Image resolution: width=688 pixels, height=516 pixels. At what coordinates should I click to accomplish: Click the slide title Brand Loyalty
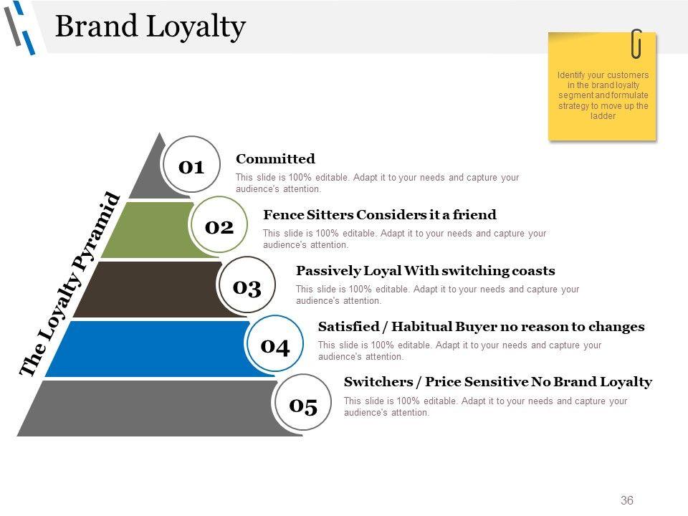(150, 27)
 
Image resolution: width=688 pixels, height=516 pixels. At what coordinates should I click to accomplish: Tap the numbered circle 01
(191, 166)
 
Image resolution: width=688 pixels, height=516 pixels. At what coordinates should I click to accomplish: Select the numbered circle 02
(219, 226)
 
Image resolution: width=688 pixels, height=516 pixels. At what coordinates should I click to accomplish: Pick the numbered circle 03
(247, 287)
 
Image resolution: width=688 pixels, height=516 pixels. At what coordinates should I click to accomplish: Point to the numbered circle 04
(275, 346)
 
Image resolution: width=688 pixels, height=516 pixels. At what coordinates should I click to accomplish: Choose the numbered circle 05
(303, 406)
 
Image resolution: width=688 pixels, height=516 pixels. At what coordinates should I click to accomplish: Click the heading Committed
(275, 158)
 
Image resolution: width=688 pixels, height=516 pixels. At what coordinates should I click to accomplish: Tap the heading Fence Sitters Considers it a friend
(380, 214)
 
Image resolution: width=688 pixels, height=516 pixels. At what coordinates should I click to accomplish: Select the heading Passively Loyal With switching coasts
(425, 270)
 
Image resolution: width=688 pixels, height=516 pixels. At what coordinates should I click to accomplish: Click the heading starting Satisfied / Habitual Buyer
(481, 326)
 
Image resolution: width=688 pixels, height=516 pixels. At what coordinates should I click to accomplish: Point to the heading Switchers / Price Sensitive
(498, 381)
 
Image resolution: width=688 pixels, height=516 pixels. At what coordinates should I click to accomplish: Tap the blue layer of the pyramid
(143, 349)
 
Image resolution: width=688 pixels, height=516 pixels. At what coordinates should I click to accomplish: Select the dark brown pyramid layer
(143, 289)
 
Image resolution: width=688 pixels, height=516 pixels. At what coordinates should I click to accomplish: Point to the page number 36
(627, 500)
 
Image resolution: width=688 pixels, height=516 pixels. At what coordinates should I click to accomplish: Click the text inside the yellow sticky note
(603, 95)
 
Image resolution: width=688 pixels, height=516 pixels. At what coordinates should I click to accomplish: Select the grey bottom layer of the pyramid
(143, 408)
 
